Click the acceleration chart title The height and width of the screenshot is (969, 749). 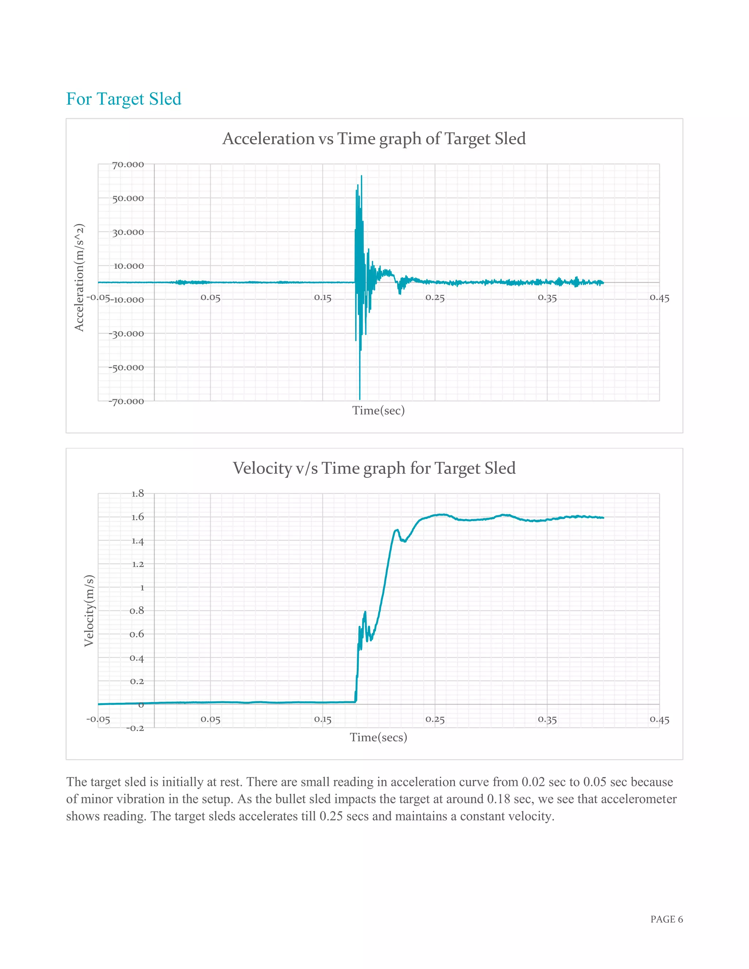[x=374, y=139]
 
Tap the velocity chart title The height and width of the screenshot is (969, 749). [x=374, y=468]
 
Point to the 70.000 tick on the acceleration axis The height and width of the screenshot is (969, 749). [x=128, y=165]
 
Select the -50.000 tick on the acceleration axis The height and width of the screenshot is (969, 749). [x=127, y=367]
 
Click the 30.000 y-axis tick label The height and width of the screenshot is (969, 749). [x=128, y=232]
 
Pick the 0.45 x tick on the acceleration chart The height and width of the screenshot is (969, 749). [x=659, y=298]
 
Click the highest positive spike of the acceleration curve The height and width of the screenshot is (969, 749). [x=361, y=176]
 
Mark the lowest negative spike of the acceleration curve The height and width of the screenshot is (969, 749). [x=360, y=399]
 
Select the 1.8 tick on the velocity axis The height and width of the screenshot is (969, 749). [x=138, y=493]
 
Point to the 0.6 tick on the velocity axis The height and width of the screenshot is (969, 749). [x=137, y=634]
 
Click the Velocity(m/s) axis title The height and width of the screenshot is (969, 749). [x=89, y=611]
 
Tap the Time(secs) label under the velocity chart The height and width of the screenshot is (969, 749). [x=378, y=738]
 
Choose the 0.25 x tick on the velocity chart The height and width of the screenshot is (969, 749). [x=434, y=719]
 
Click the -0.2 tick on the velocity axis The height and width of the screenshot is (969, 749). [x=135, y=728]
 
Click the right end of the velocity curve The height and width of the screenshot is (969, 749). [x=603, y=518]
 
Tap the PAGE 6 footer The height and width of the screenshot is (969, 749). [x=666, y=919]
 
